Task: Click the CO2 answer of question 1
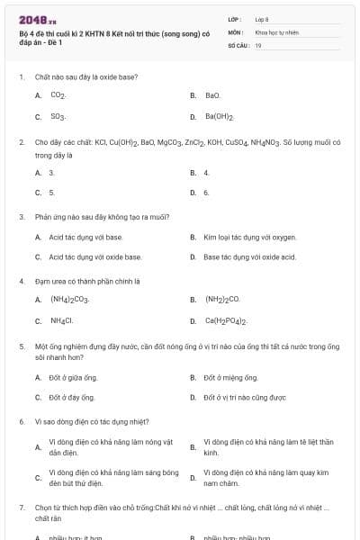(x=58, y=94)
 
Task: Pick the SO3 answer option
(x=58, y=116)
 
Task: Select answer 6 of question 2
(x=207, y=192)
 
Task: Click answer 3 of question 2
(x=52, y=172)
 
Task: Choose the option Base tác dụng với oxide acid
(x=249, y=256)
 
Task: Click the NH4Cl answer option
(x=62, y=320)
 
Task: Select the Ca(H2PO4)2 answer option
(x=226, y=320)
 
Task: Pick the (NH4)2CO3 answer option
(x=69, y=299)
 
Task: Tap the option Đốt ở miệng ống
(x=225, y=377)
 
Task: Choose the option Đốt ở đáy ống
(x=72, y=397)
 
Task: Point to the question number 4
(x=21, y=280)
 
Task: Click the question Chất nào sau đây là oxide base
(x=85, y=76)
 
